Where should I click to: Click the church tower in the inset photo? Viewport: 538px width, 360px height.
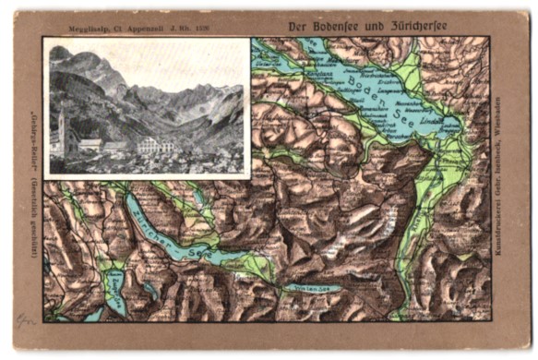(61, 129)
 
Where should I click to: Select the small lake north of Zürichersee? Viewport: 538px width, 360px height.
(199, 197)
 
